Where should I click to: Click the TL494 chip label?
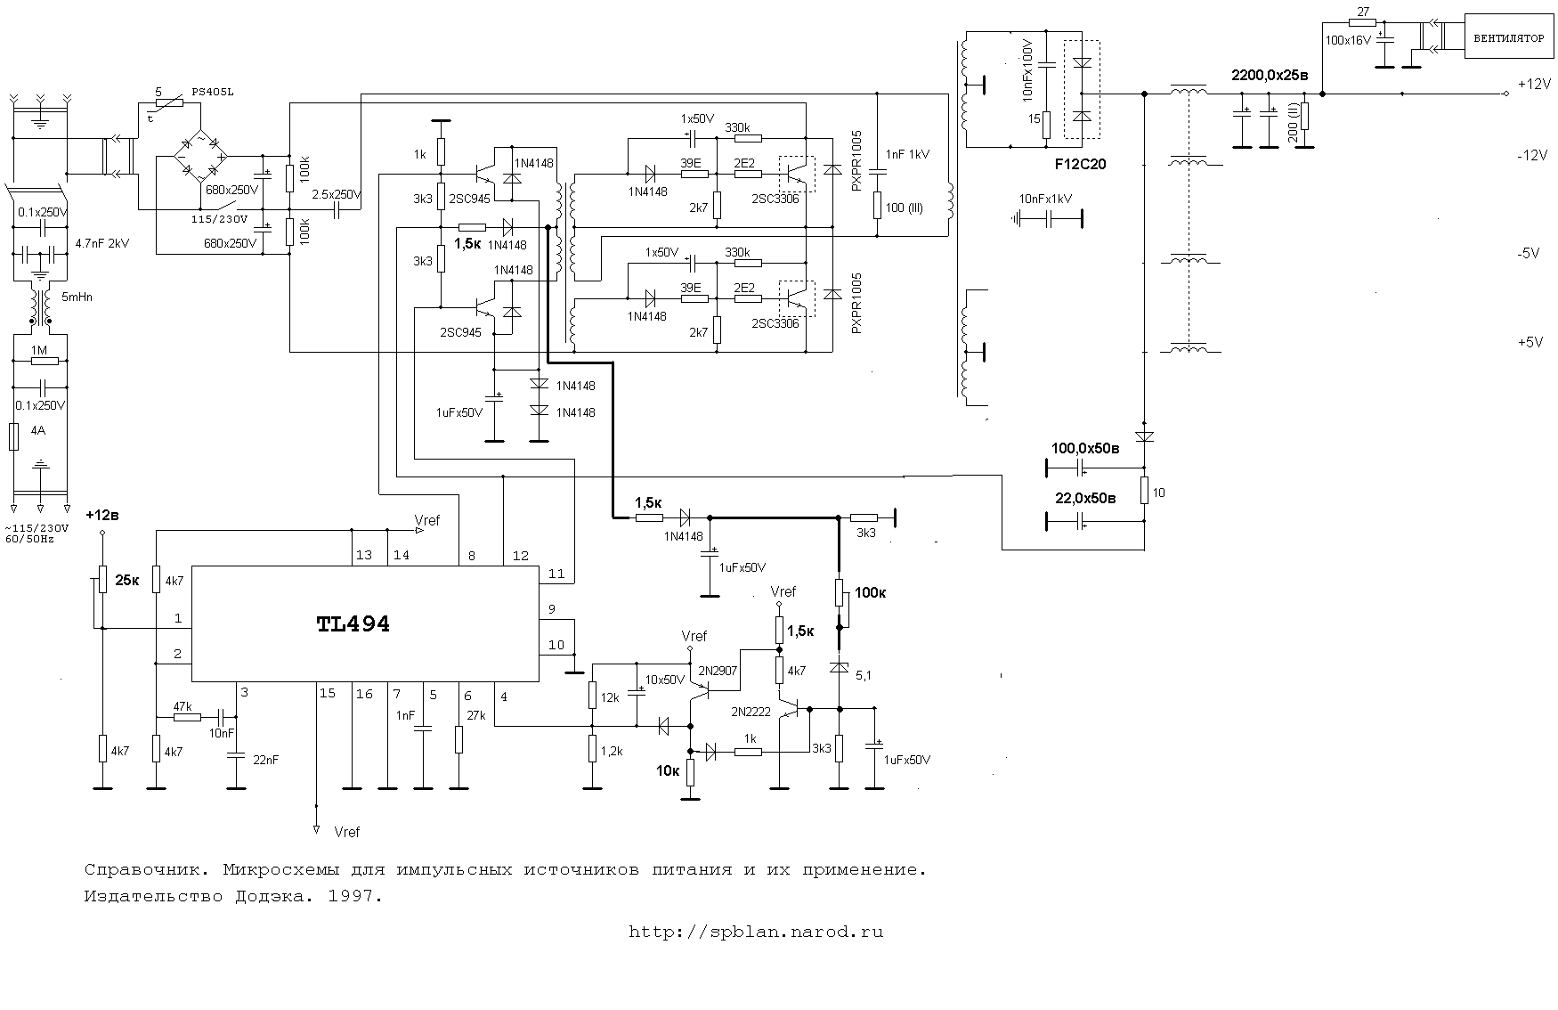tap(353, 624)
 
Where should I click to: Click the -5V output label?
tap(1530, 253)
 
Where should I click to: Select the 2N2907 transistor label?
tap(718, 671)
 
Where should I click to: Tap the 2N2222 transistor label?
tap(751, 712)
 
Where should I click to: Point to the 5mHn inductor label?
tap(75, 297)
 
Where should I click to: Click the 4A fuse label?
tap(37, 431)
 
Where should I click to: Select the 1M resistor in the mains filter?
tap(39, 361)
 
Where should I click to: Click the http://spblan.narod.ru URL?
tap(756, 933)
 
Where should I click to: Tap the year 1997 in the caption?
tap(355, 897)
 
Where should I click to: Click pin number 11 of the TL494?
tap(556, 574)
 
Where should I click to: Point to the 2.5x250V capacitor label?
tap(337, 194)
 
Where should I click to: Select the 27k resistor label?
tap(475, 715)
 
